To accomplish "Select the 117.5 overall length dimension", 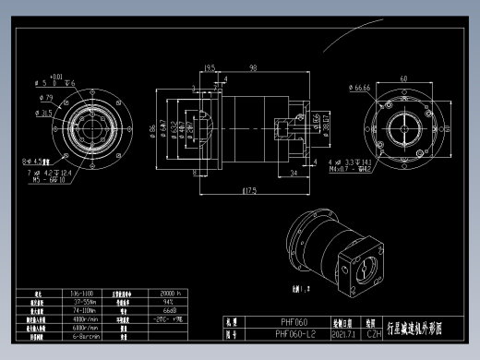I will click(x=248, y=191).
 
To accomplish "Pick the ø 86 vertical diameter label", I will click(x=154, y=128).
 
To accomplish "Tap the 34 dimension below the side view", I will click(x=293, y=173).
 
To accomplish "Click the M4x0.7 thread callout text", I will click(x=352, y=169).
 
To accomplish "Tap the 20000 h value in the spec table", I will click(x=172, y=293).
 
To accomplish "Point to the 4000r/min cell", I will click(x=86, y=318).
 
